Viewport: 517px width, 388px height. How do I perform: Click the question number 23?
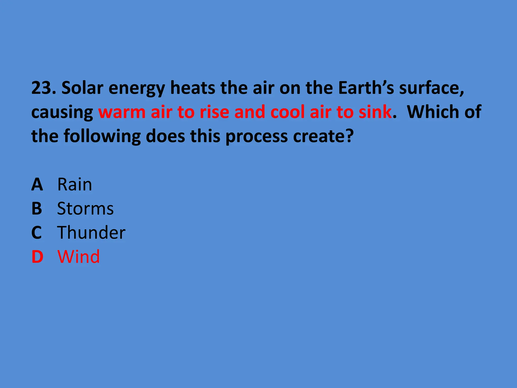(43, 88)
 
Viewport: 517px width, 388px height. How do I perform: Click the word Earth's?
(366, 88)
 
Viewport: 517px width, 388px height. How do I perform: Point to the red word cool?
(287, 112)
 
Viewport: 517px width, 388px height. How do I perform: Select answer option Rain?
(75, 184)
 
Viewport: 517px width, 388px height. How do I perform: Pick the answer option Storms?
(85, 209)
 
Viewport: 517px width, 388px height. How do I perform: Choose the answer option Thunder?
(91, 232)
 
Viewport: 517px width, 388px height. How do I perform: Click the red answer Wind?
(79, 257)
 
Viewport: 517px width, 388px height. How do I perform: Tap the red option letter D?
(37, 257)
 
